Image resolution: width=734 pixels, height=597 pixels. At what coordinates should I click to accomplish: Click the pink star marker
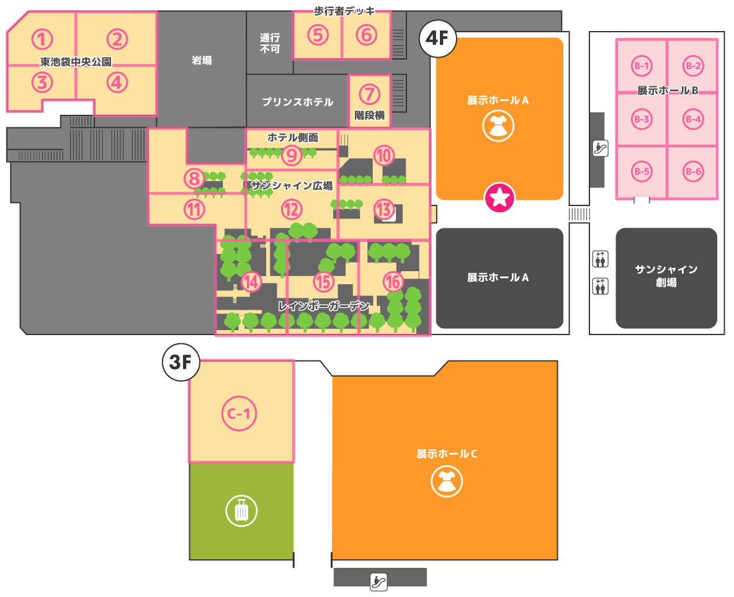click(x=499, y=197)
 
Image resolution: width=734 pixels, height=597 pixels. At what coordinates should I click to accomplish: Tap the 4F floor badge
click(x=437, y=38)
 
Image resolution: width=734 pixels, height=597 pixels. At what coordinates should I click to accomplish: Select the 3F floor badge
click(x=181, y=362)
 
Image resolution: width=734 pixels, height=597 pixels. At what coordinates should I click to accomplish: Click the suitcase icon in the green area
click(x=241, y=511)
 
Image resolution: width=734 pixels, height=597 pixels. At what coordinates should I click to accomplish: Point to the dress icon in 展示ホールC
click(x=447, y=482)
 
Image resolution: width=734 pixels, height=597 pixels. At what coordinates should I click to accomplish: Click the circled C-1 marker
click(x=239, y=413)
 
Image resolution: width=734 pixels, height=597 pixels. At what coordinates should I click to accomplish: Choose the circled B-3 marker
click(x=642, y=119)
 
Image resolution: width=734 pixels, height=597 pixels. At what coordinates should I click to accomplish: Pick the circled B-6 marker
click(x=693, y=171)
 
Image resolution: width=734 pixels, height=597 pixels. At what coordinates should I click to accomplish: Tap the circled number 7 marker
click(x=369, y=94)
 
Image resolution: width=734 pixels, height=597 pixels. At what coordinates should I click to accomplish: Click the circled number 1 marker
click(x=42, y=39)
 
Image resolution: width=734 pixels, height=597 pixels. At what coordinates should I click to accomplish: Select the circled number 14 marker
click(x=251, y=282)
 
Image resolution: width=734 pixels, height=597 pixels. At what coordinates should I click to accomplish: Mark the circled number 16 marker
click(x=393, y=282)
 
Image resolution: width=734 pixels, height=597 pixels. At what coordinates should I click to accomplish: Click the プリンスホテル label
click(x=298, y=102)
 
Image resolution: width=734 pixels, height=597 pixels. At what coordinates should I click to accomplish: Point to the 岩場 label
click(x=202, y=60)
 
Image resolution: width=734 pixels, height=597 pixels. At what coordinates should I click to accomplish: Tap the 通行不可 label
click(x=270, y=43)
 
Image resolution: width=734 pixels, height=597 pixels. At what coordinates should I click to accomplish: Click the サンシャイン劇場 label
click(x=666, y=276)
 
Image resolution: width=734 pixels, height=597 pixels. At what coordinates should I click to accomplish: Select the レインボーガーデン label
click(x=324, y=306)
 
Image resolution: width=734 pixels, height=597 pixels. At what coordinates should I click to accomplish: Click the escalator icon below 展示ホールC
click(x=378, y=582)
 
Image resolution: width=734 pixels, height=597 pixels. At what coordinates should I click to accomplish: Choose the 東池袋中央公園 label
click(x=76, y=62)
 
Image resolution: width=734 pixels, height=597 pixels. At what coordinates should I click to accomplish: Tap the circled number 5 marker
click(x=318, y=35)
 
